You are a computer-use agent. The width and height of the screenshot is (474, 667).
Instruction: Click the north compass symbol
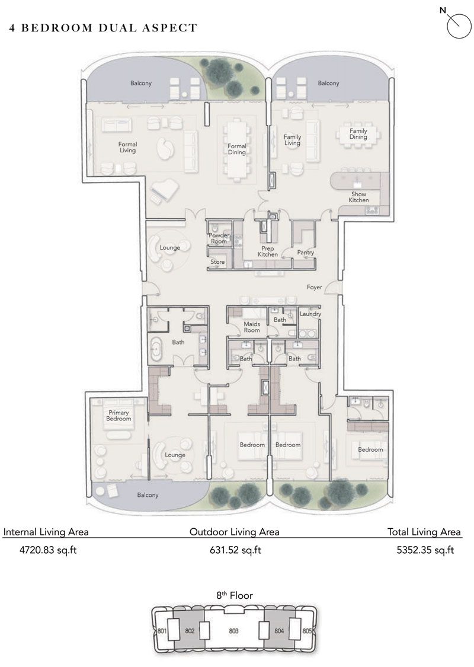[x=458, y=25]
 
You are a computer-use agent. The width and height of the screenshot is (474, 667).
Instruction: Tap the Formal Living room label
[x=127, y=148]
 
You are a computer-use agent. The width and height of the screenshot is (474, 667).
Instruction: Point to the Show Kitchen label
[x=358, y=197]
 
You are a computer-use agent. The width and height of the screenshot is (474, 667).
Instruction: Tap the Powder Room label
[x=219, y=238]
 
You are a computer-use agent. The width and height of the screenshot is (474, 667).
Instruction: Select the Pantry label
[x=306, y=253]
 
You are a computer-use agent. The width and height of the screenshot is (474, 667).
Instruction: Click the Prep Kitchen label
[x=267, y=251]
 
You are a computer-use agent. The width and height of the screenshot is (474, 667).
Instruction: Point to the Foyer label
[x=314, y=288]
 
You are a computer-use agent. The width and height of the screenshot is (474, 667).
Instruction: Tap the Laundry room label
[x=310, y=314]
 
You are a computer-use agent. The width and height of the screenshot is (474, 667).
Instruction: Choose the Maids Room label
[x=252, y=327]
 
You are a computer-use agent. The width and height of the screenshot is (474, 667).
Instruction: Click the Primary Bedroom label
[x=118, y=416]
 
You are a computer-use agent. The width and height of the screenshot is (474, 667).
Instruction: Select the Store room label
[x=217, y=261]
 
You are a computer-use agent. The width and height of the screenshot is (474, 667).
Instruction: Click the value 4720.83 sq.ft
[x=40, y=550]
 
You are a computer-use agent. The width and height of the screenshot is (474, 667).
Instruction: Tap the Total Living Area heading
[x=424, y=532]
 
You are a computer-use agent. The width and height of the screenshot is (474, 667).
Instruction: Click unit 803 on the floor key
[x=233, y=631]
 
